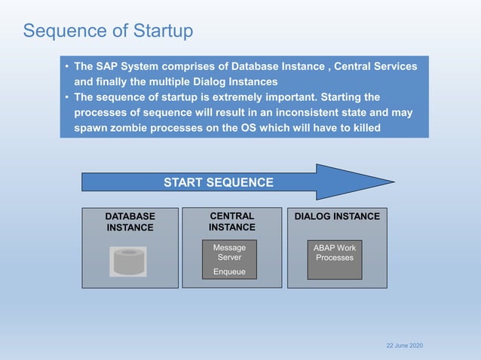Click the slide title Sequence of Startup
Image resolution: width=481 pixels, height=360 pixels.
pyautogui.click(x=108, y=31)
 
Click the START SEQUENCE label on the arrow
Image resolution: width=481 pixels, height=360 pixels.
pyautogui.click(x=219, y=182)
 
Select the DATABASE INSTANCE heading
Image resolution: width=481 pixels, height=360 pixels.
pyautogui.click(x=130, y=221)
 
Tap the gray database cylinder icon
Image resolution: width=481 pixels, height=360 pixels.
pyautogui.click(x=128, y=261)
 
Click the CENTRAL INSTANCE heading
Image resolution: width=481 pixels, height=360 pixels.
pyautogui.click(x=231, y=221)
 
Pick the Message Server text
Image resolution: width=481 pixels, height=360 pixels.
pyautogui.click(x=229, y=252)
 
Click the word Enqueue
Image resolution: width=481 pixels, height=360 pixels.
pyautogui.click(x=229, y=272)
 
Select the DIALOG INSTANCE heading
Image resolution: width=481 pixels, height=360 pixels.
pyautogui.click(x=337, y=217)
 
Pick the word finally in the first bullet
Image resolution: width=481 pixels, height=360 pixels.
pyautogui.click(x=116, y=81)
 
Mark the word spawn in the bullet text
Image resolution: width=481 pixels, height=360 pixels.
pyautogui.click(x=90, y=128)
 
